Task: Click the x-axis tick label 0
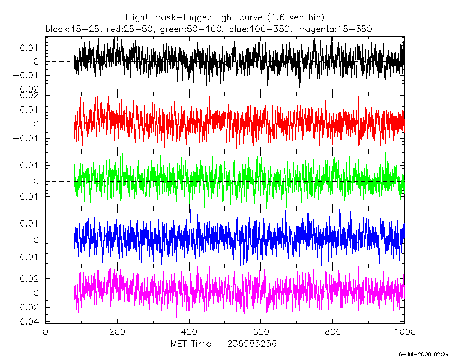[x=45, y=332]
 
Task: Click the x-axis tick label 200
[x=117, y=332]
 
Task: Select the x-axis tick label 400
[x=189, y=332]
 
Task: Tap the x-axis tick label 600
[x=261, y=332]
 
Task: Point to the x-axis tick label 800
[x=333, y=332]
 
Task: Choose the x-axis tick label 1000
[x=404, y=332]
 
